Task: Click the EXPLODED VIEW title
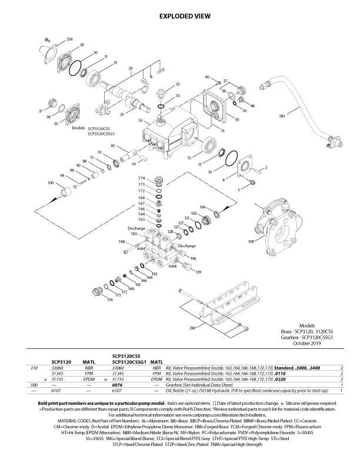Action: pos(179,17)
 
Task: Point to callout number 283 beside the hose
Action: pos(282,116)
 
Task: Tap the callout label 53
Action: pos(141,120)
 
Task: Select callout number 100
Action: pos(50,182)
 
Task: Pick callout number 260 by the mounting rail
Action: pos(192,328)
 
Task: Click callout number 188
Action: pos(121,242)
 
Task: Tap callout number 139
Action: pos(198,272)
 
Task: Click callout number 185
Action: pos(134,234)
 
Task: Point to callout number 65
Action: pos(112,145)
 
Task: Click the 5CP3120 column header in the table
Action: pos(61,361)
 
